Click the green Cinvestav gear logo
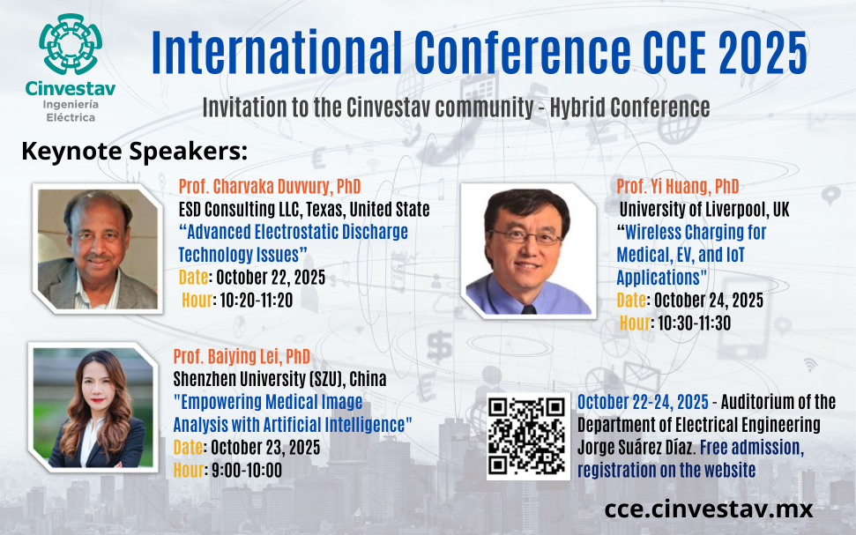click(x=71, y=44)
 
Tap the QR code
click(x=527, y=436)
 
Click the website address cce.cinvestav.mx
click(x=709, y=509)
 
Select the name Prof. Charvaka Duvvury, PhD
click(x=270, y=186)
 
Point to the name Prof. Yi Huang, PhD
click(x=678, y=186)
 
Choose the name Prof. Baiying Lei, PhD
click(x=242, y=356)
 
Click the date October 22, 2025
click(x=271, y=278)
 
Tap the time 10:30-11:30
click(x=694, y=323)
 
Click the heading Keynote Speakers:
click(x=135, y=152)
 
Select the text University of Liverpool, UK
click(x=704, y=209)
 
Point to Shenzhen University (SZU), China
click(x=280, y=379)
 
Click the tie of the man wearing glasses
click(x=528, y=309)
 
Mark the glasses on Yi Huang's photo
click(x=525, y=237)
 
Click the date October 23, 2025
click(x=265, y=447)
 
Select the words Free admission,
click(x=752, y=447)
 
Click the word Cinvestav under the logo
click(x=71, y=88)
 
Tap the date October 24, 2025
click(x=709, y=301)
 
